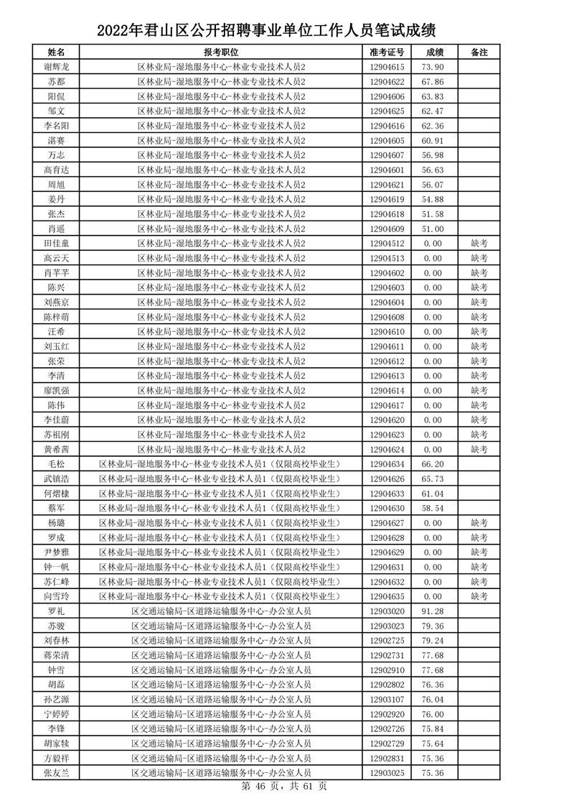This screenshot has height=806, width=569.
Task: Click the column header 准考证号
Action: click(x=387, y=52)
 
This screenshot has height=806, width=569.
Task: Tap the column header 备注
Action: click(x=479, y=52)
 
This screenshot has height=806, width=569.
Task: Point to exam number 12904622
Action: click(x=387, y=82)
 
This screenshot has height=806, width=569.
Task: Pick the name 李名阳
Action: click(x=57, y=126)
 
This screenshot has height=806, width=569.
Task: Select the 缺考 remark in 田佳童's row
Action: click(x=479, y=244)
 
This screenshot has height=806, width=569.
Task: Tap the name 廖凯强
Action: click(x=57, y=391)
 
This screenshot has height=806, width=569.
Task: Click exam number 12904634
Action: click(x=387, y=464)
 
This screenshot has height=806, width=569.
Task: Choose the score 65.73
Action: click(x=433, y=479)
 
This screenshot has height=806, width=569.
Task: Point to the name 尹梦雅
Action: click(x=57, y=552)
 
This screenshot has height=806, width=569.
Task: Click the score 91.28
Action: click(x=433, y=611)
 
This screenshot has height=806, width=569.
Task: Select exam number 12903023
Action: click(x=387, y=626)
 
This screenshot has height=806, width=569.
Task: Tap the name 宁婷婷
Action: click(x=57, y=714)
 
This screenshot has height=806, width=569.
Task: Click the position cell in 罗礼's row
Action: click(x=221, y=611)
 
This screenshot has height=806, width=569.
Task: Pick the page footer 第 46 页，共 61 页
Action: click(x=284, y=786)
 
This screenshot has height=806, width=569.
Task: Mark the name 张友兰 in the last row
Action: click(x=57, y=773)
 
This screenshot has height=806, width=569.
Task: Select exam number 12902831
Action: click(x=387, y=759)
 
